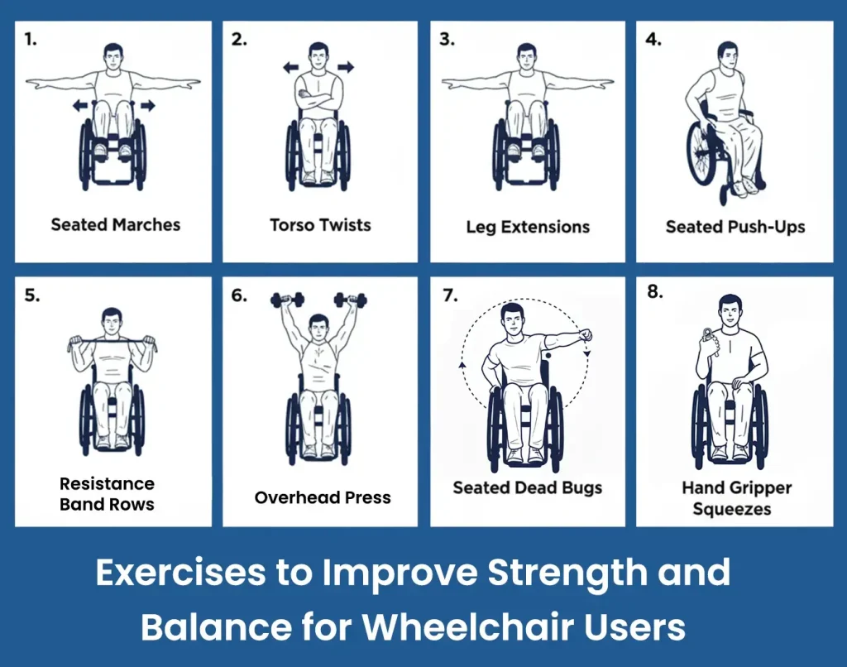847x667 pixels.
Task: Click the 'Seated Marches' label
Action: pyautogui.click(x=115, y=224)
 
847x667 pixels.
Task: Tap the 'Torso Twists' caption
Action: pyautogui.click(x=320, y=224)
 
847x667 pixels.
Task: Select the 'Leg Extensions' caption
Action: pyautogui.click(x=527, y=227)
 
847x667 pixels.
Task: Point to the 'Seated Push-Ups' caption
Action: pyautogui.click(x=735, y=227)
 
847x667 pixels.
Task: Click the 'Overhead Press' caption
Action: pyautogui.click(x=323, y=498)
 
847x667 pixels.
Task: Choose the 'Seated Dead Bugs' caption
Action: pyautogui.click(x=527, y=487)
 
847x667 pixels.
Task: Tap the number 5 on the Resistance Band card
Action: pyautogui.click(x=31, y=295)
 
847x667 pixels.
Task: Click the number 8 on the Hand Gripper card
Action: pyautogui.click(x=654, y=292)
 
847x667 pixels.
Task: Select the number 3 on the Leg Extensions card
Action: pyautogui.click(x=447, y=40)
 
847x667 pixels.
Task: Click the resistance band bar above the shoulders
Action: pyautogui.click(x=111, y=339)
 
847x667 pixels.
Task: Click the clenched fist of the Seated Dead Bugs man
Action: pyautogui.click(x=586, y=334)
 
